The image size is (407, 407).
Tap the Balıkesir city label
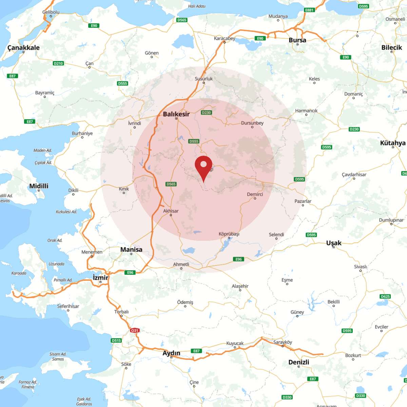pos(176,114)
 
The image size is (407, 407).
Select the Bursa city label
pos(297,40)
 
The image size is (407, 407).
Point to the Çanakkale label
pos(23,47)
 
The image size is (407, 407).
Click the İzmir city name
pos(100,277)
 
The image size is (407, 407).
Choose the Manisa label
pos(131,249)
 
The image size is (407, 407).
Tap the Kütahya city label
pos(393,143)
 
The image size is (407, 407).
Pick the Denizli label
pos(298,362)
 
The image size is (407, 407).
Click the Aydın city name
pos(171,353)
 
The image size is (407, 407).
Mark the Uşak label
pos(334,243)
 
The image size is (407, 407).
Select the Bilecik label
pos(391,47)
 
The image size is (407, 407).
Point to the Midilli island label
pos(39,186)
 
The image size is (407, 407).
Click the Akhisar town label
pos(171,211)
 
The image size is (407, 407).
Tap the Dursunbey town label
pos(252,123)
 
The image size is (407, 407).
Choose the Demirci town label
pos(255,194)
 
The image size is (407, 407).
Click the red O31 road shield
pos(135,330)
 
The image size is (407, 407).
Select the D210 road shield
pos(58,63)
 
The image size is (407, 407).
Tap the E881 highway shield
pos(309,10)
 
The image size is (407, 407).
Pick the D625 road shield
pos(385,296)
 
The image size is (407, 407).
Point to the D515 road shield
pos(116,341)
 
